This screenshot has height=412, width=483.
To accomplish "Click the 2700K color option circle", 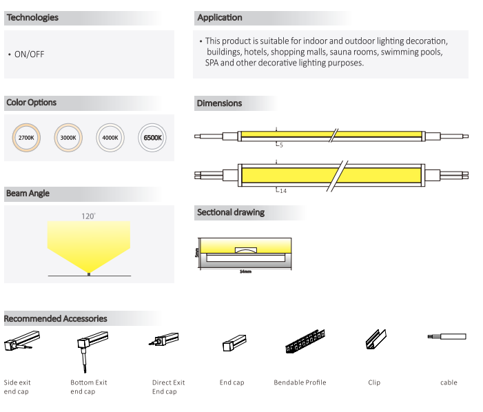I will (26, 138).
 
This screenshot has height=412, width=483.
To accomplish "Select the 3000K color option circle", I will (68, 138).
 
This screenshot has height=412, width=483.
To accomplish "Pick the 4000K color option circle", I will (110, 138).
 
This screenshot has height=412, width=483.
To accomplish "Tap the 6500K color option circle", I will (152, 138).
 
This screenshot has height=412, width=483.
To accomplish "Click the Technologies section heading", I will (32, 18).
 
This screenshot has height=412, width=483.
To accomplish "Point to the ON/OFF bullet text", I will (29, 54).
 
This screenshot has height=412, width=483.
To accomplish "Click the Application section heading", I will (219, 18).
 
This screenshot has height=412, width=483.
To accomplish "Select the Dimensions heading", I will (219, 103).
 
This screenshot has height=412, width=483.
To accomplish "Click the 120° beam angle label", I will (88, 216).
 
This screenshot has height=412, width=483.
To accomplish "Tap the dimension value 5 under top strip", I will (281, 145).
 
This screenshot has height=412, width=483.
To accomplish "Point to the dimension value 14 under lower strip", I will (282, 191).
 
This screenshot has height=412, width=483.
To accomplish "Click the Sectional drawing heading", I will (230, 212).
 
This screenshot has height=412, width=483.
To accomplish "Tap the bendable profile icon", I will (304, 342).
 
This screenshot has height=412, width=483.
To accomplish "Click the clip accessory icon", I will (373, 340).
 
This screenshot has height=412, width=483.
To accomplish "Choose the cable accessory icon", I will (448, 337).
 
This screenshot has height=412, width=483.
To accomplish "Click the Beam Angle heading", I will (28, 194).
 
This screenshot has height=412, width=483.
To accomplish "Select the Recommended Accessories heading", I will (56, 319).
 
